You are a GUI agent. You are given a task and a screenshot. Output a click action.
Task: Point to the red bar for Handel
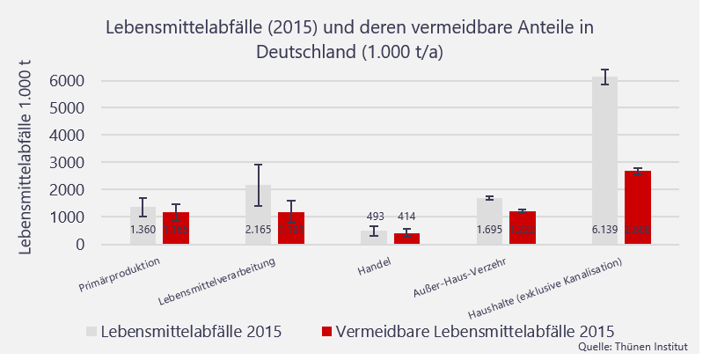[406, 239]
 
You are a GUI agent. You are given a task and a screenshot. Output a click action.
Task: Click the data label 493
[375, 217]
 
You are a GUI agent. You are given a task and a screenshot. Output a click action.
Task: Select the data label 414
[406, 217]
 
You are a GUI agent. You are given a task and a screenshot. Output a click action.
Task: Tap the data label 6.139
[604, 230]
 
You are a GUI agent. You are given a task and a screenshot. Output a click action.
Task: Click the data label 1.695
[489, 230]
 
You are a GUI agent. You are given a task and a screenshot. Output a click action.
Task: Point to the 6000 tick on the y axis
[67, 81]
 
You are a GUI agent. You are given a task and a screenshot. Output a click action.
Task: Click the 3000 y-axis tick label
[67, 163]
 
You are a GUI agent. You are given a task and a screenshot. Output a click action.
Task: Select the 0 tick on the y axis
[79, 245]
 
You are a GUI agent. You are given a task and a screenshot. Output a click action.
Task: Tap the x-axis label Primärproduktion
[119, 274]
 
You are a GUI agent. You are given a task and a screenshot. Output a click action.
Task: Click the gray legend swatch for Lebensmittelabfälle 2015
[91, 332]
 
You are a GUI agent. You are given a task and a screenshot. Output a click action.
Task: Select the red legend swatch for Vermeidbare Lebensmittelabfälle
[326, 332]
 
